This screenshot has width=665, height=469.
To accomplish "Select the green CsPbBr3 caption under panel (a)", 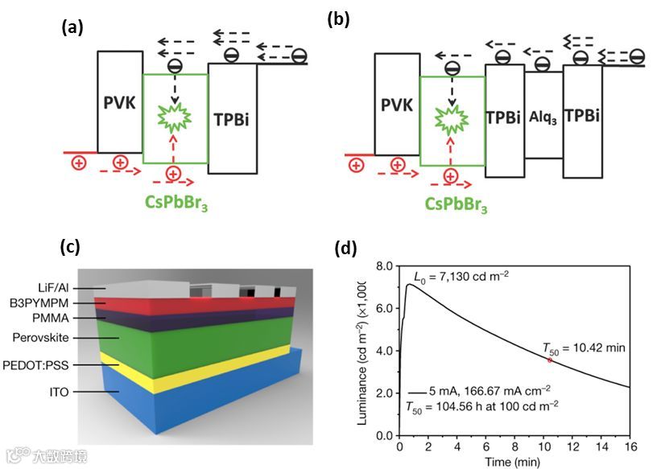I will (174, 198).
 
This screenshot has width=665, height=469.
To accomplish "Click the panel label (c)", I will (72, 247).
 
